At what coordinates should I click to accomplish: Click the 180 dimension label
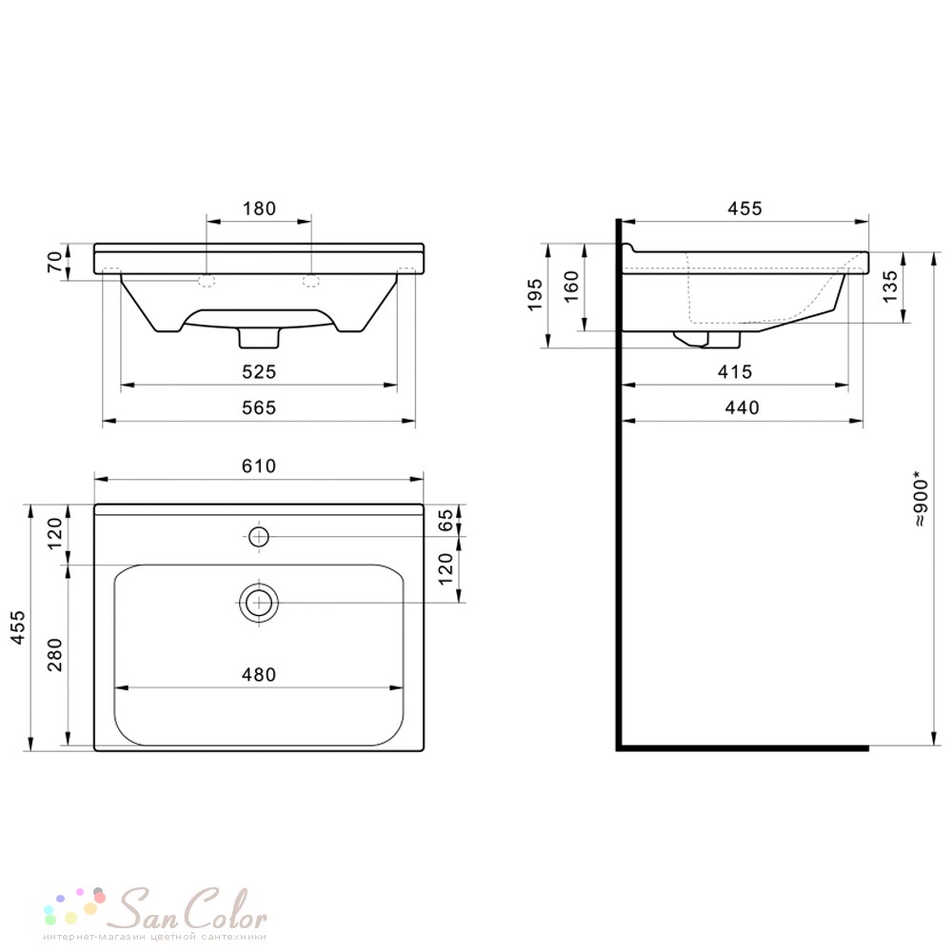(x=259, y=208)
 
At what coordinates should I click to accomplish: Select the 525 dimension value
(x=259, y=371)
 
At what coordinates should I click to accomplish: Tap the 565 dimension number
(x=259, y=407)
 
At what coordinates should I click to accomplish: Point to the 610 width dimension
(x=259, y=466)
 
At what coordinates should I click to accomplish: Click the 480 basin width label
(x=259, y=675)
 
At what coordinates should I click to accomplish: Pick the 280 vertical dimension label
(x=54, y=655)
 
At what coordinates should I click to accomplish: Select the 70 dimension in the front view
(x=54, y=262)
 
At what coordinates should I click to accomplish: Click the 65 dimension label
(x=446, y=520)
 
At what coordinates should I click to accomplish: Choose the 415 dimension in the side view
(x=735, y=371)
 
